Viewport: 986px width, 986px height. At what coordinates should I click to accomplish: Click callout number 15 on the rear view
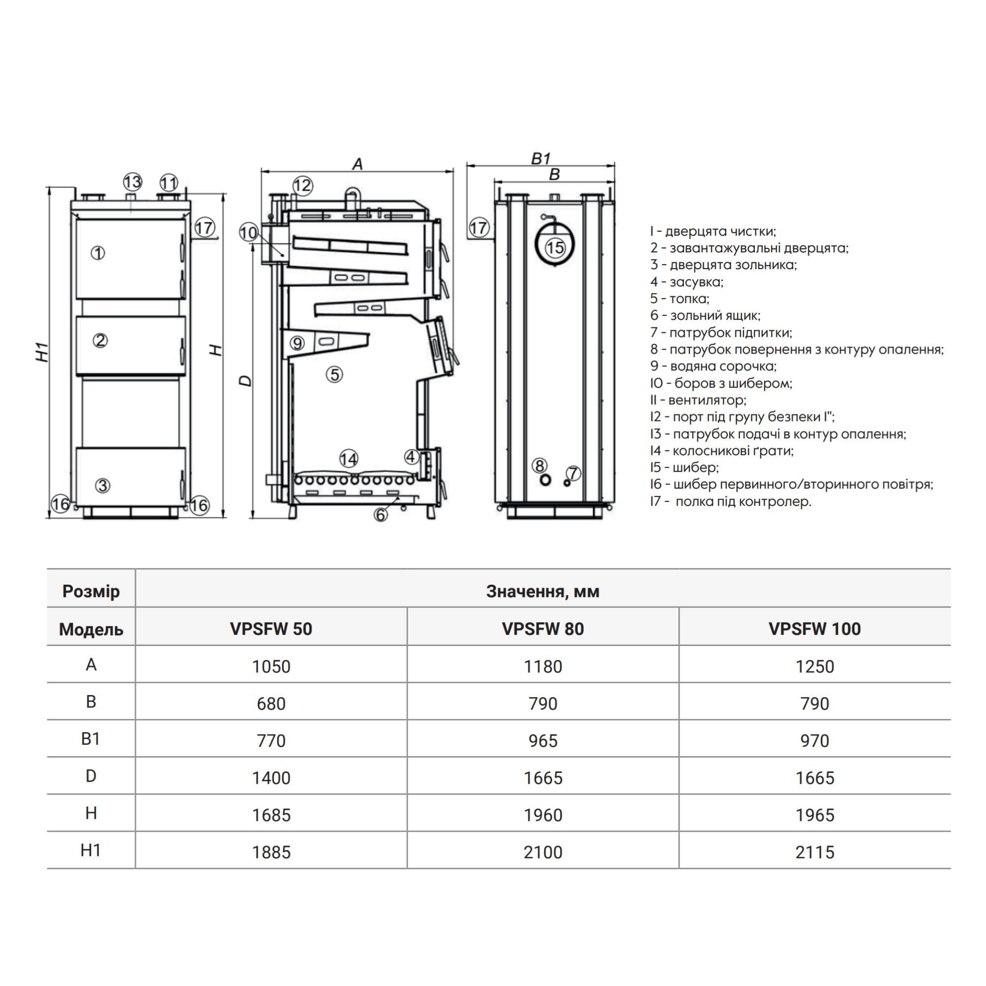[555, 247]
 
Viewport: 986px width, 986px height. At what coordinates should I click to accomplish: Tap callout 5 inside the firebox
[334, 375]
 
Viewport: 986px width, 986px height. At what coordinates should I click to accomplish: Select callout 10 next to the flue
[248, 233]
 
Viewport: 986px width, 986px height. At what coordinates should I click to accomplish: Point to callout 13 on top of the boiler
[132, 182]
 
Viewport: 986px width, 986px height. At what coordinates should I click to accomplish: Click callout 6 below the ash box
[381, 515]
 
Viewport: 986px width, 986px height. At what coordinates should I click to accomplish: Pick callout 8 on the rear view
[539, 465]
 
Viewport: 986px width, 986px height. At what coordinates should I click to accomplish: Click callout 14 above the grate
[349, 458]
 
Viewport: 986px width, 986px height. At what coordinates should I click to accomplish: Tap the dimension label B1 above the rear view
[540, 158]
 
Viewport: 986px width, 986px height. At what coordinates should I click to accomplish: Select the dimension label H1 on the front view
[42, 352]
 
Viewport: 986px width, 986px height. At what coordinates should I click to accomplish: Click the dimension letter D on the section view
[246, 381]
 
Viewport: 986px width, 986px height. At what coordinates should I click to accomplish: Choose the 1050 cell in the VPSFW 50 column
[271, 667]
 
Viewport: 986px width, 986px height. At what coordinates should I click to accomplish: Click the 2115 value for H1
[814, 852]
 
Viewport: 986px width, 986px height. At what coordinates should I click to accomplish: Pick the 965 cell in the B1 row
[542, 740]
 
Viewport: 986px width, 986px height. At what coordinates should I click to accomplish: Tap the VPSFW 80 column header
[542, 629]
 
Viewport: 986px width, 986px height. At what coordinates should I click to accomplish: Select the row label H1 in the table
[91, 850]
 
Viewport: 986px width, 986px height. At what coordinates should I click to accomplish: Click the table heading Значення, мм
[542, 591]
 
